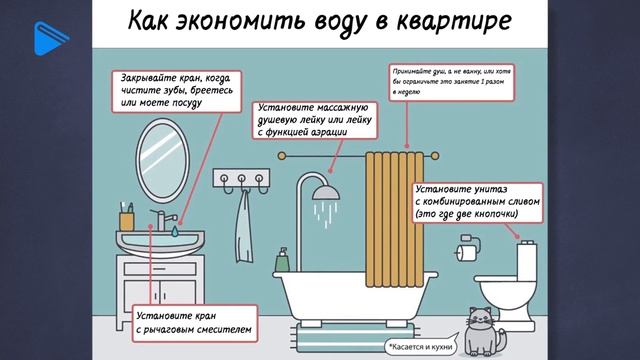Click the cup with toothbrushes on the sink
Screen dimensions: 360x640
click(x=127, y=218)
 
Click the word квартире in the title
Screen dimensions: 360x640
click(x=458, y=21)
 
